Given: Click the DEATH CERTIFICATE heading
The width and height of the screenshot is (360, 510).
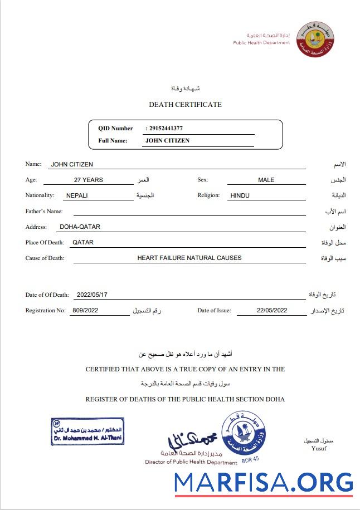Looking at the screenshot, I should (185, 105).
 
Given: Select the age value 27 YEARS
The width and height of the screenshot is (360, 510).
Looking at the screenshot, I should (88, 180).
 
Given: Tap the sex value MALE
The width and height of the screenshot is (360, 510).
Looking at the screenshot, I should (266, 180).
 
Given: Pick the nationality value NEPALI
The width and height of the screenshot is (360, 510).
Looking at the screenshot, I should (77, 195).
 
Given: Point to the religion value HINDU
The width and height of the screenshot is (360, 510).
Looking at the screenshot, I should (240, 195).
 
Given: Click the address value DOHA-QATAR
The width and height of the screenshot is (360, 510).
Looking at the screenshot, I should (79, 227).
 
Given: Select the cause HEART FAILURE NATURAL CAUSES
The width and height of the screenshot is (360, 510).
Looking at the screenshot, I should (189, 258).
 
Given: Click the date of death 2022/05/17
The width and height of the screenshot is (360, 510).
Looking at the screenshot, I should (92, 295).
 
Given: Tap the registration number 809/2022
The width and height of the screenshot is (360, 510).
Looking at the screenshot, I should (85, 311).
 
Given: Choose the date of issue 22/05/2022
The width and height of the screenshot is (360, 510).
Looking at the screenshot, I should (272, 311).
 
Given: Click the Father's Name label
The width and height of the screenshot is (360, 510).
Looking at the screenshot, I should (44, 211).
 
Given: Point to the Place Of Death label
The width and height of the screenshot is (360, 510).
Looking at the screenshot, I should (45, 242).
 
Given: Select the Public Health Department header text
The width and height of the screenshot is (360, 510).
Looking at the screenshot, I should (261, 43).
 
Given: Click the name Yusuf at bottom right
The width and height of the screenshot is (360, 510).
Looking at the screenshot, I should (319, 449).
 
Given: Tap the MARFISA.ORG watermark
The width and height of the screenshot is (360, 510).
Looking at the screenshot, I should (263, 482).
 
